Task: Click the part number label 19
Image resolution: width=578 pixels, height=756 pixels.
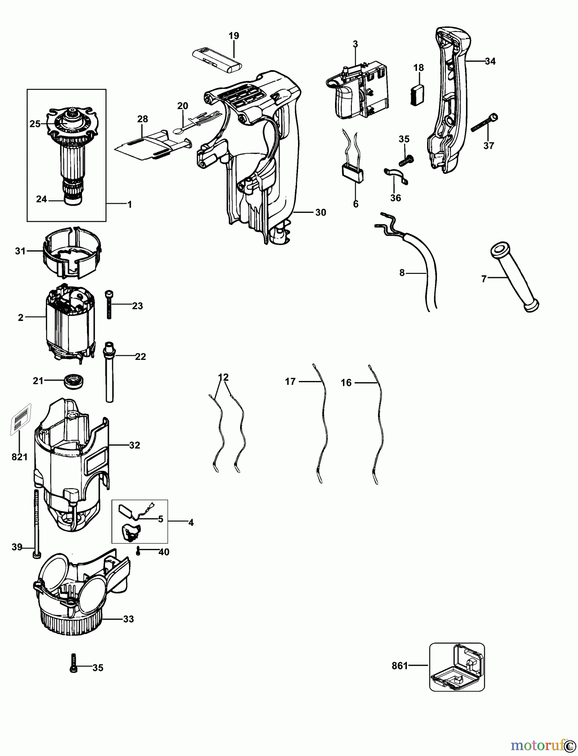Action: (234, 36)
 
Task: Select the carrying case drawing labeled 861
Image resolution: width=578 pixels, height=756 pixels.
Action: (457, 667)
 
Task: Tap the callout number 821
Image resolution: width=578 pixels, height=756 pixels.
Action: (19, 457)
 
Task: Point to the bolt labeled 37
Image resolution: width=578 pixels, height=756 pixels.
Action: (483, 123)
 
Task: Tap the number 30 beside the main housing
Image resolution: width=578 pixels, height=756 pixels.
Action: (320, 213)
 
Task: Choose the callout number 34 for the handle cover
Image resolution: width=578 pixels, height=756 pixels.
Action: (490, 61)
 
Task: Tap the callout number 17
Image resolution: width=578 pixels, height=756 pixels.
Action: (290, 381)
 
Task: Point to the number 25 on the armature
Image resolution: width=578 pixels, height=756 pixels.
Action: (34, 124)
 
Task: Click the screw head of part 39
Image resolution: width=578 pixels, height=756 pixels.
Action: (37, 555)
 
